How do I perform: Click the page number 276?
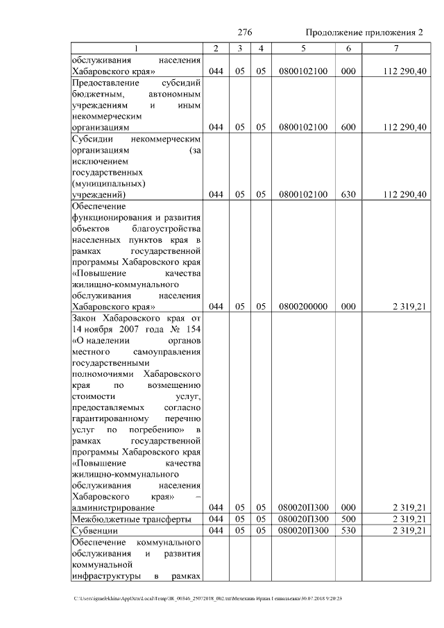[x=244, y=33]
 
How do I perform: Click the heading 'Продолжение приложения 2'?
[x=364, y=33]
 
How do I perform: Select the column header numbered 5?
[x=303, y=48]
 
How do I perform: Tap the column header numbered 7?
[x=395, y=48]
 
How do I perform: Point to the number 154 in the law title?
[x=190, y=329]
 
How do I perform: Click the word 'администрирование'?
[x=112, y=508]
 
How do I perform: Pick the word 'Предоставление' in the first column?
[x=105, y=83]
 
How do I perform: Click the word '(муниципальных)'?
[x=108, y=183]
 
